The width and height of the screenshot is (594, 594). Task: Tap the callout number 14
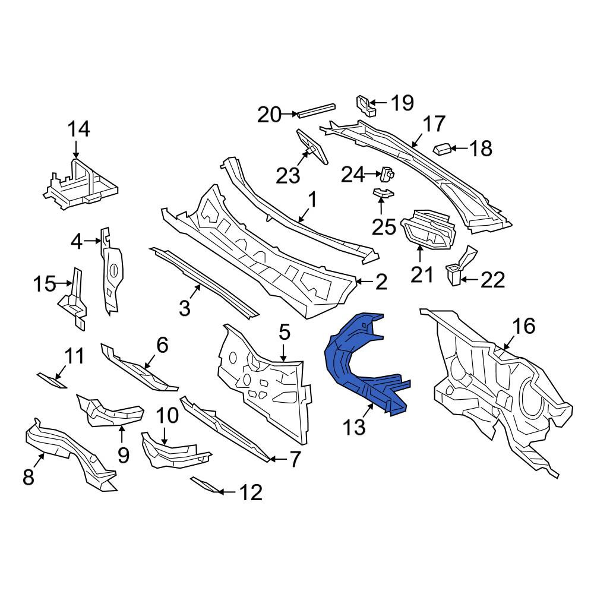click(x=79, y=129)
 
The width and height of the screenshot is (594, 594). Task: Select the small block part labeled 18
click(x=441, y=149)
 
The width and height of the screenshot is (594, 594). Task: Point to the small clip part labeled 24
click(x=387, y=175)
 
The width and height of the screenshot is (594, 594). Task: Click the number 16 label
click(x=523, y=326)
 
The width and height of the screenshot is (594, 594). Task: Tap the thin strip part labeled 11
click(x=52, y=381)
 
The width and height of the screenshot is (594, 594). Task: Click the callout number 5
click(x=284, y=332)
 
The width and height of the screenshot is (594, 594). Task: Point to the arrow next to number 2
click(x=364, y=281)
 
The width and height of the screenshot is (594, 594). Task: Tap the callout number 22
click(x=493, y=280)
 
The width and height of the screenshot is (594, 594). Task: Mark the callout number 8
click(x=29, y=477)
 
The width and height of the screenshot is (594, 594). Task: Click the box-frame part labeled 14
click(x=80, y=184)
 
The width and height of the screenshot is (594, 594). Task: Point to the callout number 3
click(x=184, y=308)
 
